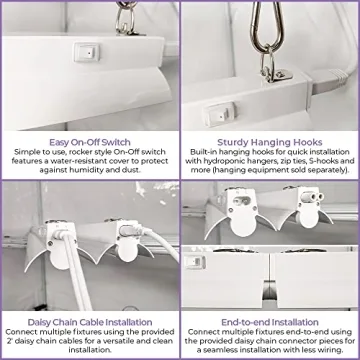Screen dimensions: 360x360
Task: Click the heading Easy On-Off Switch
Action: pyautogui.click(x=90, y=142)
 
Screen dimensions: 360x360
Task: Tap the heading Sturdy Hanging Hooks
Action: pyautogui.click(x=270, y=142)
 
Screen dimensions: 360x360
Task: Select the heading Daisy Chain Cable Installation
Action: pyautogui.click(x=90, y=322)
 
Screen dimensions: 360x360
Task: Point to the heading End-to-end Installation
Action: pyautogui.click(x=270, y=322)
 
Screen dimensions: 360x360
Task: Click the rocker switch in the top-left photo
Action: pyautogui.click(x=87, y=52)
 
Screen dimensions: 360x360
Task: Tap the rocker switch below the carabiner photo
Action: pyautogui.click(x=220, y=114)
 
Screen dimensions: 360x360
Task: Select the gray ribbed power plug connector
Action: pyautogui.click(x=329, y=80)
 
